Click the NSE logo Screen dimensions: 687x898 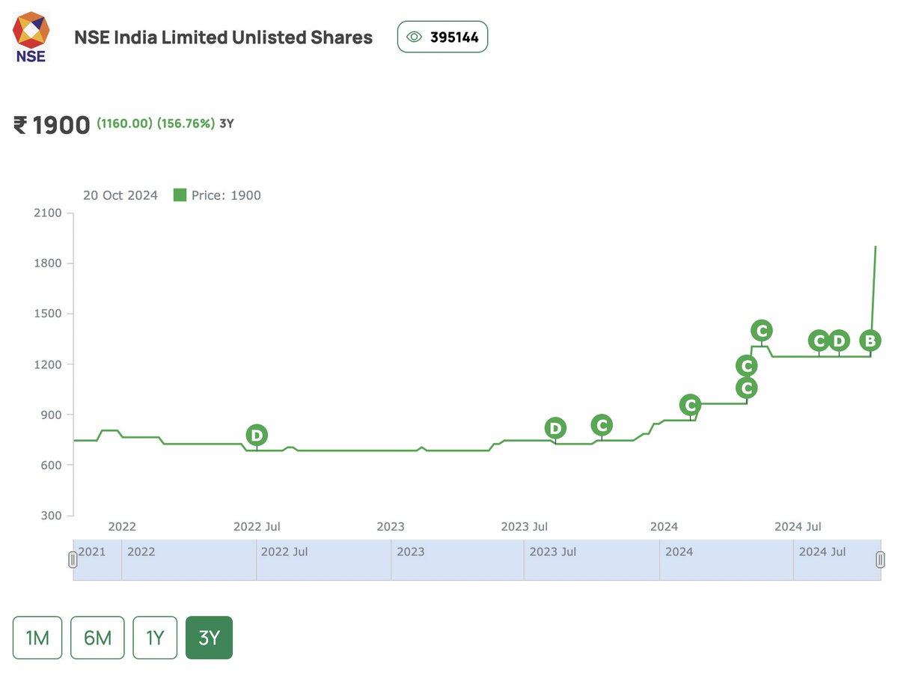click(31, 37)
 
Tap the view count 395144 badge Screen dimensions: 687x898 click(442, 37)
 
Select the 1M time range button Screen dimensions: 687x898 click(37, 638)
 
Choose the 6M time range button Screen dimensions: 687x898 click(97, 638)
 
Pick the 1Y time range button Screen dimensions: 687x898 click(155, 638)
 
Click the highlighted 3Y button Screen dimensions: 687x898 click(209, 638)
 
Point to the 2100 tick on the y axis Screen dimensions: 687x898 click(49, 213)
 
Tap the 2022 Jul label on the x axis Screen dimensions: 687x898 click(257, 527)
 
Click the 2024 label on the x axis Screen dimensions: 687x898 click(664, 527)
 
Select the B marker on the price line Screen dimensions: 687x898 click(870, 341)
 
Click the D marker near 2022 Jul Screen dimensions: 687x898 click(257, 435)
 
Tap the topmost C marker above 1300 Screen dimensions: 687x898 click(761, 330)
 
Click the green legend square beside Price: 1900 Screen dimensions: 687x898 click(180, 195)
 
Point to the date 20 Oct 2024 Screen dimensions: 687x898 click(120, 195)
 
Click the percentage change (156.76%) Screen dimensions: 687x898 click(186, 123)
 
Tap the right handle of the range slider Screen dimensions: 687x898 click(881, 559)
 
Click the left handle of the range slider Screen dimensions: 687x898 click(73, 559)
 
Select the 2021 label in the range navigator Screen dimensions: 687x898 click(92, 552)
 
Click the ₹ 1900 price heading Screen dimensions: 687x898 click(52, 125)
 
